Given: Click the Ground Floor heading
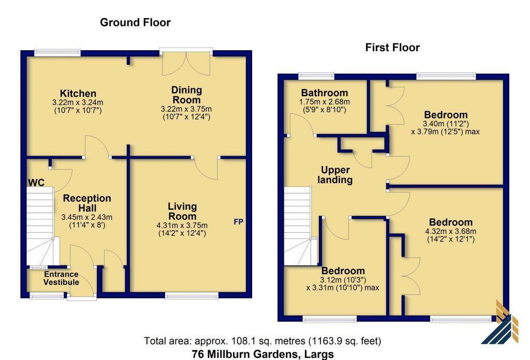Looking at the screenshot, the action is pyautogui.click(x=135, y=23).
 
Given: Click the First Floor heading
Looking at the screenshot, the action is pyautogui.click(x=392, y=47).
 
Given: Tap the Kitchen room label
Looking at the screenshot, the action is pyautogui.click(x=78, y=93).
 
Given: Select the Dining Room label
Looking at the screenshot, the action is pyautogui.click(x=186, y=95).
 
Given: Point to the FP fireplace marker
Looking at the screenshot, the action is pyautogui.click(x=239, y=222).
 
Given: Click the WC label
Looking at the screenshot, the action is pyautogui.click(x=36, y=183).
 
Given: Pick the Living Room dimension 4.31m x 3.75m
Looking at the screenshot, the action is pyautogui.click(x=182, y=225).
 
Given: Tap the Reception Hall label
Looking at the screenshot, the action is pyautogui.click(x=87, y=203).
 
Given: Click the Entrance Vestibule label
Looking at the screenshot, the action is pyautogui.click(x=61, y=278).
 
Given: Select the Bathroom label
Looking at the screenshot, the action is pyautogui.click(x=325, y=93).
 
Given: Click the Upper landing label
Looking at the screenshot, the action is pyautogui.click(x=335, y=175).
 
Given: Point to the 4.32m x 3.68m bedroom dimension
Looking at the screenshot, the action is pyautogui.click(x=451, y=231).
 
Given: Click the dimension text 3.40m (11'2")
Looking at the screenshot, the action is pyautogui.click(x=446, y=124).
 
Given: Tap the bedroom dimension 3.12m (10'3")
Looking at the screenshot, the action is pyautogui.click(x=343, y=280).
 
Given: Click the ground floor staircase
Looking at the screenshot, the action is pyautogui.click(x=40, y=226).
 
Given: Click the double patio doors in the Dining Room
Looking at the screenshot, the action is pyautogui.click(x=186, y=62).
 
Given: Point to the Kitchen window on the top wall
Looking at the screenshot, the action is pyautogui.click(x=57, y=53).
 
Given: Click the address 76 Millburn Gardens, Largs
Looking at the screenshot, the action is pyautogui.click(x=262, y=354).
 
